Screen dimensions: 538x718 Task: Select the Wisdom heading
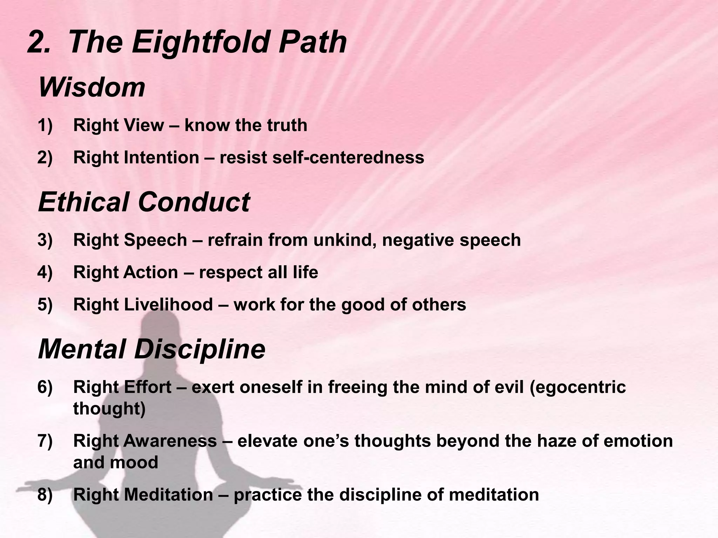pyautogui.click(x=92, y=88)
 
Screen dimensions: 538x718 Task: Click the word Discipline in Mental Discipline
pyautogui.click(x=199, y=350)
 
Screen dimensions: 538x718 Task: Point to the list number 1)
pyautogui.click(x=45, y=125)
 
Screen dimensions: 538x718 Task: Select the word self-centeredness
pyautogui.click(x=348, y=158)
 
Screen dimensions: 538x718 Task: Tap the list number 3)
pyautogui.click(x=45, y=240)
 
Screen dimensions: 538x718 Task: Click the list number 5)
pyautogui.click(x=45, y=305)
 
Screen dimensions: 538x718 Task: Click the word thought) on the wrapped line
pyautogui.click(x=109, y=409)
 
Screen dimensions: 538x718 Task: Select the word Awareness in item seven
pyautogui.click(x=170, y=441)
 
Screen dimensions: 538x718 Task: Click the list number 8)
pyautogui.click(x=45, y=495)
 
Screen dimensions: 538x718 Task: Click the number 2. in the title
pyautogui.click(x=39, y=43)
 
